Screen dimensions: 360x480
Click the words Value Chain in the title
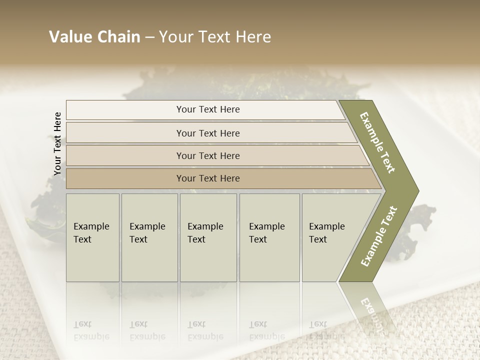[94, 37]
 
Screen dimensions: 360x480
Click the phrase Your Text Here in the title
[215, 37]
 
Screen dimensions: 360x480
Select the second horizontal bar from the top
[207, 133]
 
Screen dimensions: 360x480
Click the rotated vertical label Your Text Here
[57, 144]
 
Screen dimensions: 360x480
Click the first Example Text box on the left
[92, 237]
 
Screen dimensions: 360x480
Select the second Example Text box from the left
[149, 237]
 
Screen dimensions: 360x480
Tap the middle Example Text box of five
[208, 237]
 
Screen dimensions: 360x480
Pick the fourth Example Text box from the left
[269, 237]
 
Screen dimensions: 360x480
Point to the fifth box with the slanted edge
[330, 237]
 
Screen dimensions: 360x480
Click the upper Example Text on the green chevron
[377, 143]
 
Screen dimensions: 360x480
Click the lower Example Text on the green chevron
[379, 236]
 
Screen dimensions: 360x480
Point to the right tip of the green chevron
[417, 191]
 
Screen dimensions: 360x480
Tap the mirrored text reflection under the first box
[91, 330]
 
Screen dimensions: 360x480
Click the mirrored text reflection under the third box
[205, 330]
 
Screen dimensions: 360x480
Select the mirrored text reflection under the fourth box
[267, 330]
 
